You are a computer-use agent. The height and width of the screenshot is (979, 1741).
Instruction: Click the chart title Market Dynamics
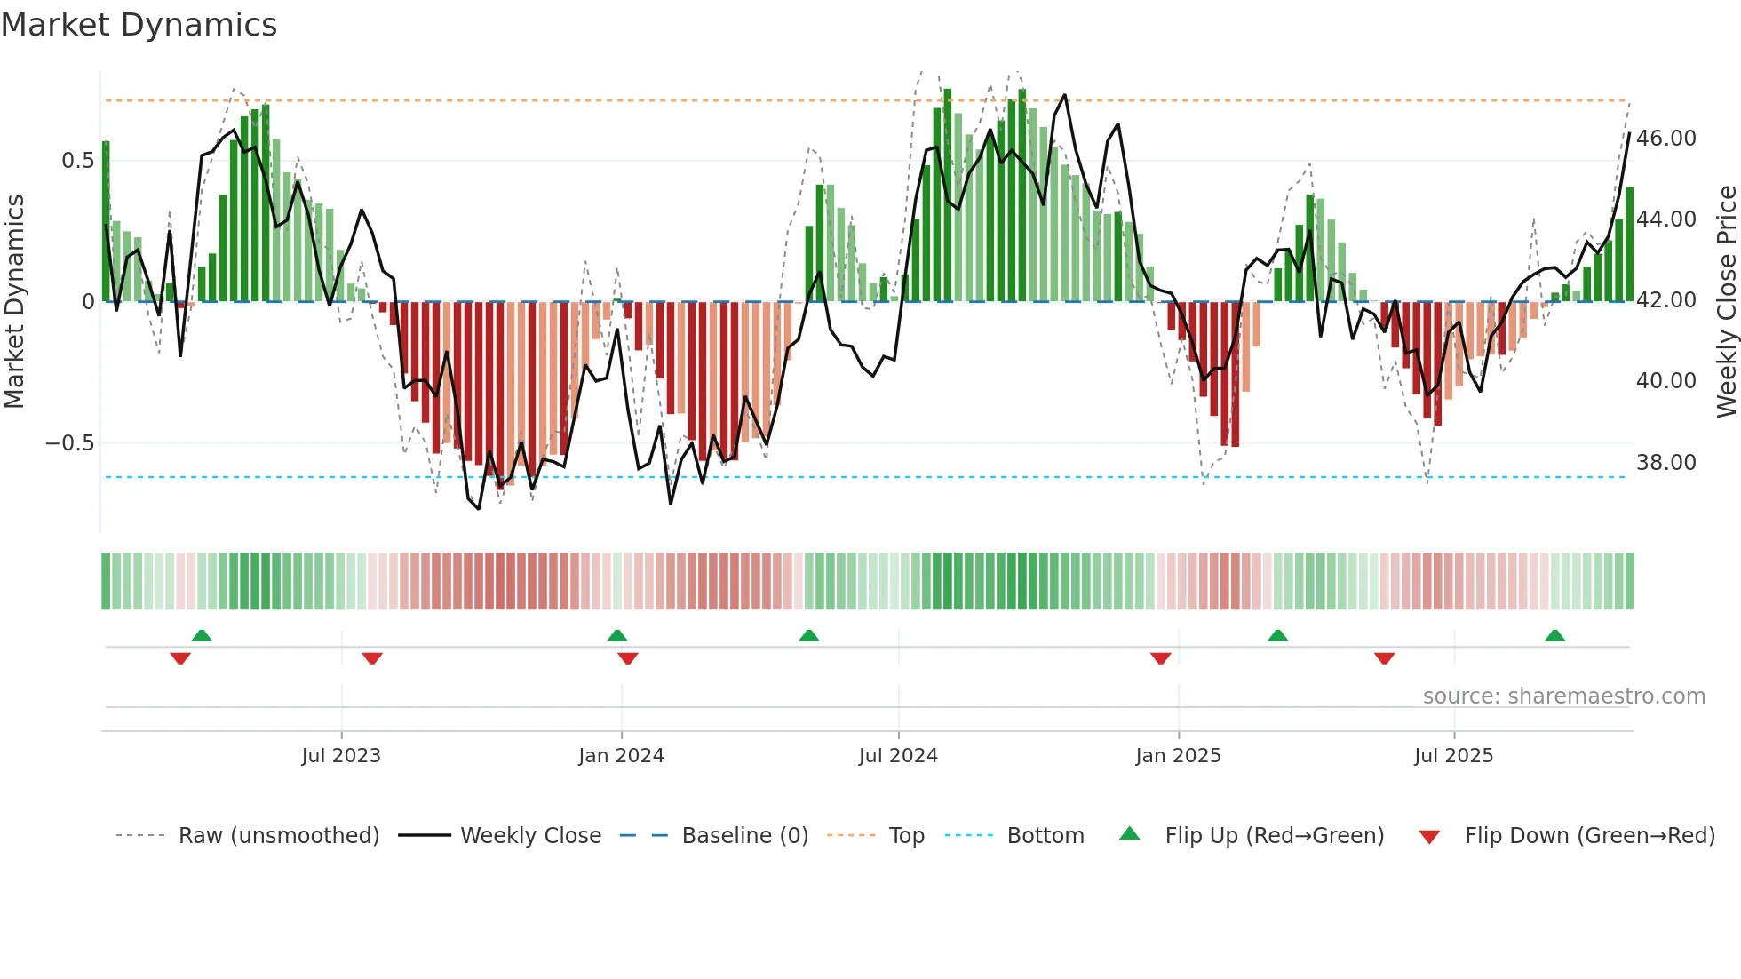click(139, 25)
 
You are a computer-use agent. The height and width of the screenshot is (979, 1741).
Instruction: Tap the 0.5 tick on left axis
click(77, 161)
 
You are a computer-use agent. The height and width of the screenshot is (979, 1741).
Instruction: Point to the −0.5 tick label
click(69, 443)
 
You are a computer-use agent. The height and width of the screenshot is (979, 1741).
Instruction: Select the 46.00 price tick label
click(1665, 139)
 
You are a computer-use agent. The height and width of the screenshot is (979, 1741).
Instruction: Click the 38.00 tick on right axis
click(1665, 463)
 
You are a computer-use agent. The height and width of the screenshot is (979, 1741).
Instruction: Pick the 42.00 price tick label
click(1665, 300)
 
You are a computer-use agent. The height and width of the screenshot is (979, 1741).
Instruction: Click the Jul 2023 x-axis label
click(341, 756)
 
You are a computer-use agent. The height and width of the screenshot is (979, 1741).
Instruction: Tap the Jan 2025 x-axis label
click(1178, 756)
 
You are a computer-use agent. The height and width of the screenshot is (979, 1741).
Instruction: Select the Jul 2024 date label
click(898, 756)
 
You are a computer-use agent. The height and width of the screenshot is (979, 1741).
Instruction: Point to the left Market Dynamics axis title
click(14, 302)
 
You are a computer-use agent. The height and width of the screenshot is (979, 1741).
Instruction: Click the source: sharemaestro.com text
click(1563, 696)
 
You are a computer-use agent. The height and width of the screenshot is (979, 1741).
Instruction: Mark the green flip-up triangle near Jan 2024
click(617, 635)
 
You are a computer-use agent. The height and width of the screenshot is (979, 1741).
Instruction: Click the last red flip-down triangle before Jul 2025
click(1384, 658)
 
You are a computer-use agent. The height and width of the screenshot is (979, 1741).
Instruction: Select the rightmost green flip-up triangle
click(1554, 635)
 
